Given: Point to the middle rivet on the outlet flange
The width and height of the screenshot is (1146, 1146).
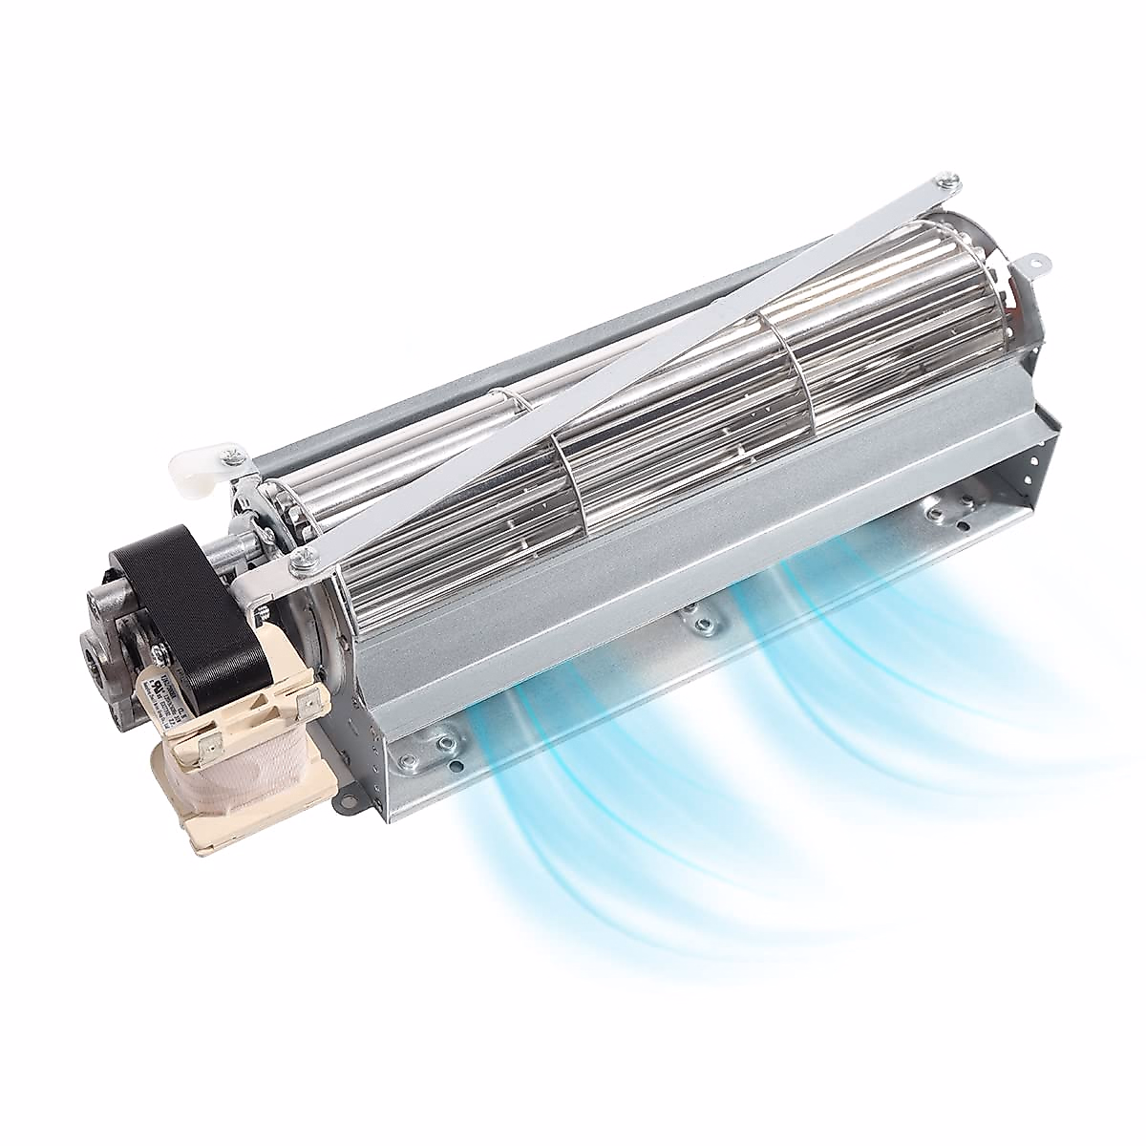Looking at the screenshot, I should coord(701,623).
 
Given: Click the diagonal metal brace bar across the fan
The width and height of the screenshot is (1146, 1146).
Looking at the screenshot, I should coord(611,372).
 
